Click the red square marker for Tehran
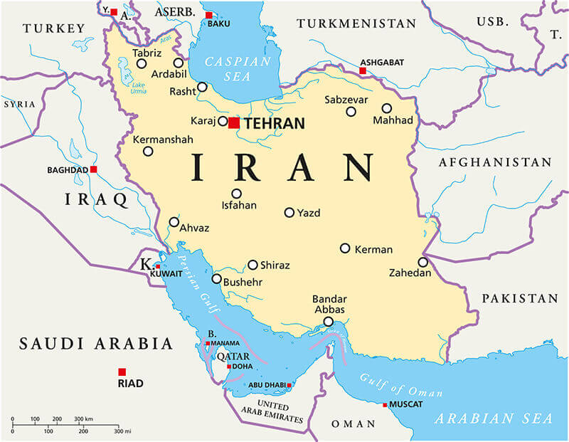pos(234,122)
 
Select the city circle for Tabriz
pos(142,63)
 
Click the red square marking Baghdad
pos(93,169)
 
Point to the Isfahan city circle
pos(236,193)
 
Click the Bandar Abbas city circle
pos(328,322)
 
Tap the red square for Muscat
pos(385,405)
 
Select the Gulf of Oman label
pos(400,385)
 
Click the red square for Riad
pos(122,372)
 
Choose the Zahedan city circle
pos(422,262)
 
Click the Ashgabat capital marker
pos(362,71)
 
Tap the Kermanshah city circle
pos(148,151)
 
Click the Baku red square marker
pos(208,15)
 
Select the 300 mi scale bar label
pos(122,431)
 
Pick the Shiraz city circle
pos(252,265)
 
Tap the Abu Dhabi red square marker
pos(289,385)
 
